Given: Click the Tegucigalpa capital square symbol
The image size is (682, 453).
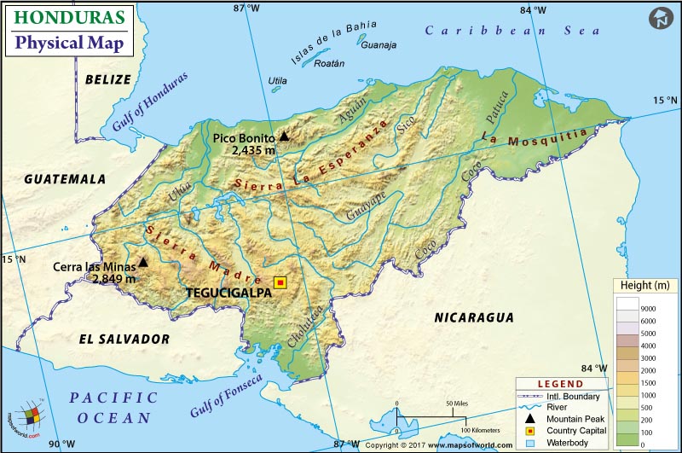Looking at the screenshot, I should click(x=280, y=282).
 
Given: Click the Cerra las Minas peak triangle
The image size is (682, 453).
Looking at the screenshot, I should click(x=143, y=263).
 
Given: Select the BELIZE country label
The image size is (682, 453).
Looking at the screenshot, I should click(x=108, y=79).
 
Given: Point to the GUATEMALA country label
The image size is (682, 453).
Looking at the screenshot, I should click(x=65, y=179).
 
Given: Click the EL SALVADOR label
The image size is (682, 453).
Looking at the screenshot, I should click(x=124, y=339).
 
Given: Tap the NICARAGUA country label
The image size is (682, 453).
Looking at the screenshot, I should click(x=474, y=317).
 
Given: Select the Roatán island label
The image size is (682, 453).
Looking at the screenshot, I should click(x=329, y=63).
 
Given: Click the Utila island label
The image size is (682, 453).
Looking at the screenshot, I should click(x=278, y=81).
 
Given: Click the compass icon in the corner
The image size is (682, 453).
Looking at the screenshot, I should click(x=661, y=19).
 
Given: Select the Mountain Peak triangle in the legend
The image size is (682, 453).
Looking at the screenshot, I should click(x=530, y=419).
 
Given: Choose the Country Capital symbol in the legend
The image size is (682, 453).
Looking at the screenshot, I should click(x=530, y=431).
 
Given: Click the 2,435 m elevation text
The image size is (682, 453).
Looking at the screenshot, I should click(x=253, y=149).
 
